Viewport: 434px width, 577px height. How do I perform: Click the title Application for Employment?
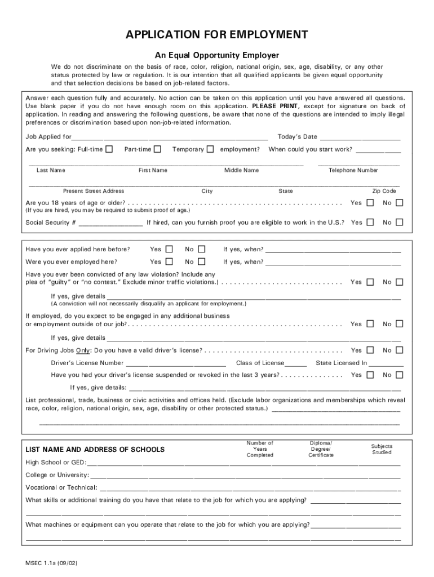pyautogui.click(x=216, y=35)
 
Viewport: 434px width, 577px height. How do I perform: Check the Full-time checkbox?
pyautogui.click(x=109, y=149)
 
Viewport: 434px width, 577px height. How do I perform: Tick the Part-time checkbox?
pyautogui.click(x=158, y=149)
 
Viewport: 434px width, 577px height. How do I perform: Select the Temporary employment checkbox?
pyautogui.click(x=210, y=149)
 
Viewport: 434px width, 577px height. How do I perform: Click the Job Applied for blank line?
pyautogui.click(x=170, y=137)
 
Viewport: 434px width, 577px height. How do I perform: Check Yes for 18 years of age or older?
pyautogui.click(x=370, y=203)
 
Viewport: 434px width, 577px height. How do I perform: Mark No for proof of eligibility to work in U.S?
pyautogui.click(x=399, y=223)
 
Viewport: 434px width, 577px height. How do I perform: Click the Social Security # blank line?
pyautogui.click(x=110, y=223)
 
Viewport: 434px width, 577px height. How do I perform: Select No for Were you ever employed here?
pyautogui.click(x=202, y=262)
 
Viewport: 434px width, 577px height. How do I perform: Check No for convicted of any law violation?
pyautogui.click(x=399, y=282)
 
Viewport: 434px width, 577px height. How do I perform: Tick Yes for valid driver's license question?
pyautogui.click(x=370, y=350)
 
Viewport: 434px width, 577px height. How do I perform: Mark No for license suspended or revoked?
pyautogui.click(x=399, y=375)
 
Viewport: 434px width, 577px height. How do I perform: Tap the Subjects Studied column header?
pyautogui.click(x=382, y=449)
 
